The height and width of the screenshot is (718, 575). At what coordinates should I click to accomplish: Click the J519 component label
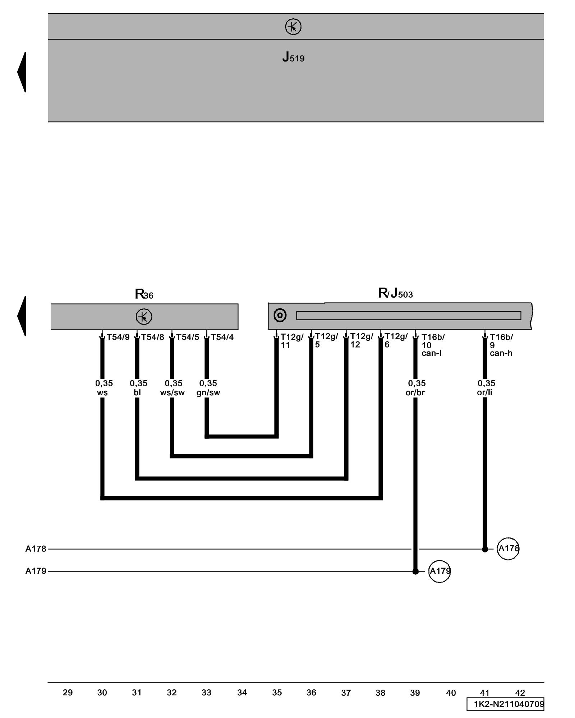pyautogui.click(x=293, y=57)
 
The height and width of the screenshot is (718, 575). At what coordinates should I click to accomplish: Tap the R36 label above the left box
pyautogui.click(x=144, y=294)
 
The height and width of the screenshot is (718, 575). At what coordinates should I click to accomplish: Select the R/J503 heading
pyautogui.click(x=395, y=293)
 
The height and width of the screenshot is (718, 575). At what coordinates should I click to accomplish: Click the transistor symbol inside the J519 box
pyautogui.click(x=293, y=27)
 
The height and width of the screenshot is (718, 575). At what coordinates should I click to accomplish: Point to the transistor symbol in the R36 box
pyautogui.click(x=144, y=317)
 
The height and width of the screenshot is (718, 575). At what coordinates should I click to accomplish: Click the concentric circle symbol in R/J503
pyautogui.click(x=280, y=315)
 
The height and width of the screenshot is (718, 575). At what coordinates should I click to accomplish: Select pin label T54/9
pyautogui.click(x=118, y=337)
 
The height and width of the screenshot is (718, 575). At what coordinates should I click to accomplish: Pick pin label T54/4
pyautogui.click(x=222, y=337)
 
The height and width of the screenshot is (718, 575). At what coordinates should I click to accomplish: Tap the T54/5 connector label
pyautogui.click(x=187, y=337)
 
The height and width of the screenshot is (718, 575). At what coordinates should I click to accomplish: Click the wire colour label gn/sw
pyautogui.click(x=208, y=392)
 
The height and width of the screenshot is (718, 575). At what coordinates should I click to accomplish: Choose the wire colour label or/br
pyautogui.click(x=415, y=392)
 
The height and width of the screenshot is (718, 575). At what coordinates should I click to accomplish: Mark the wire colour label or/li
pyautogui.click(x=484, y=392)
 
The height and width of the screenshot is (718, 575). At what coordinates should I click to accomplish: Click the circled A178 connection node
pyautogui.click(x=508, y=549)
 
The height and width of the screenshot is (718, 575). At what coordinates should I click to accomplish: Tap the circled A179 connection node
pyautogui.click(x=439, y=571)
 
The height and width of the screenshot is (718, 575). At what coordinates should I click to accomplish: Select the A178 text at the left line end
pyautogui.click(x=36, y=549)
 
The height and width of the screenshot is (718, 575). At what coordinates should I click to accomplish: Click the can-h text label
pyautogui.click(x=501, y=353)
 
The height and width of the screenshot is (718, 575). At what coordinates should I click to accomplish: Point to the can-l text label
pyautogui.click(x=431, y=353)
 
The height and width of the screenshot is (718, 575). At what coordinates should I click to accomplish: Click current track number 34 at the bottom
pyautogui.click(x=242, y=693)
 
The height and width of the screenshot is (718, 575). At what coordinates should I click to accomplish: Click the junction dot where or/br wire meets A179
pyautogui.click(x=415, y=571)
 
